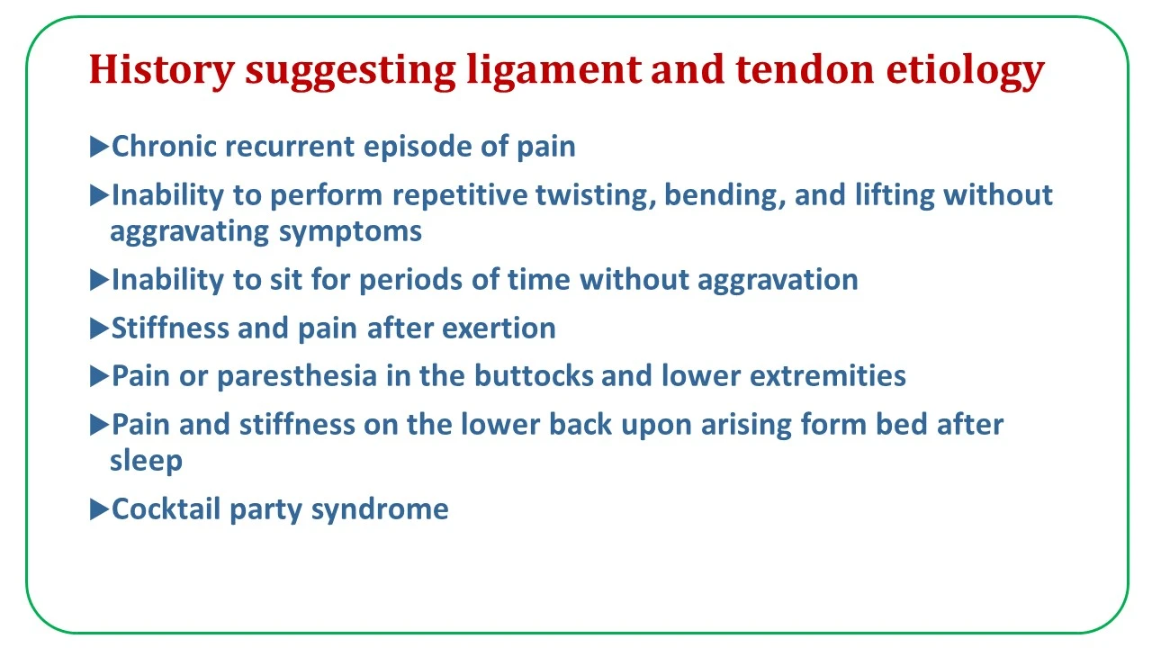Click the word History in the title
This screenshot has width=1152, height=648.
(162, 70)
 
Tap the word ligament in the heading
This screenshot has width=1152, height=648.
(553, 70)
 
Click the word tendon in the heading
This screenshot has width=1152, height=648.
(805, 69)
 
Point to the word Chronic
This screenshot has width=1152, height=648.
(164, 146)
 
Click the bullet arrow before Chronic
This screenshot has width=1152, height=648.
(99, 147)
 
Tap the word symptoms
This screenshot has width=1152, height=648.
(350, 232)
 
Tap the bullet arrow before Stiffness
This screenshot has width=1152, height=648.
(99, 328)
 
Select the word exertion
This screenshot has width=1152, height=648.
(499, 328)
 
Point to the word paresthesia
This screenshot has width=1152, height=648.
(297, 376)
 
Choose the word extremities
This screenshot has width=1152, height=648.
(827, 375)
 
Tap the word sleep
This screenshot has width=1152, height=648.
(146, 461)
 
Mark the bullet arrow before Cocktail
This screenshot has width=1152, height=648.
(99, 509)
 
